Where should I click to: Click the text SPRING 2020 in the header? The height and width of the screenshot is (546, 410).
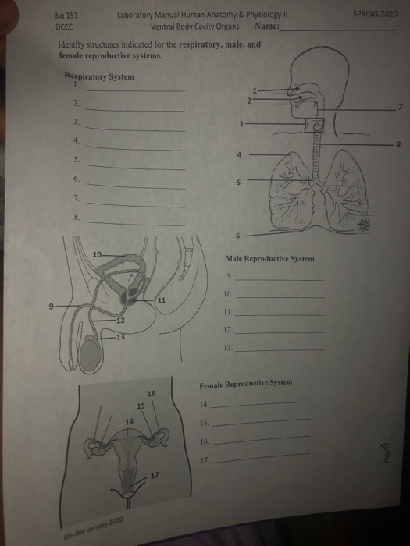[x=375, y=14]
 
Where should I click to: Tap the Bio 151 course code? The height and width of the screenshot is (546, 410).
[x=66, y=16]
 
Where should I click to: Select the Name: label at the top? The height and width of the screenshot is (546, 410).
[x=267, y=26]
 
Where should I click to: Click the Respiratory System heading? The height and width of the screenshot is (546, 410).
[x=99, y=76]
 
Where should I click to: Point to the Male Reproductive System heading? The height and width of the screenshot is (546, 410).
[x=270, y=259]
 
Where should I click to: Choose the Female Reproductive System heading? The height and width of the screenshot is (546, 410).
[x=246, y=384]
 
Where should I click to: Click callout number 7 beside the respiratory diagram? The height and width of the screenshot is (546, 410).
[x=401, y=107]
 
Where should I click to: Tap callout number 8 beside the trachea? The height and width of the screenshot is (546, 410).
[x=398, y=144]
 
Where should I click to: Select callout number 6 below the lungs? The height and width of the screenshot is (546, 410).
[x=237, y=236]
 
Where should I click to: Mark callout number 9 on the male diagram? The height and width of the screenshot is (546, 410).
[x=52, y=307]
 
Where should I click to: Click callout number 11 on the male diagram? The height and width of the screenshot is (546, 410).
[x=162, y=300]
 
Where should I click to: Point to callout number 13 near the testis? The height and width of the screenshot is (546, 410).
[x=120, y=337]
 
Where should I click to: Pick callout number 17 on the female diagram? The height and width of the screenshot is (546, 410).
[x=155, y=475]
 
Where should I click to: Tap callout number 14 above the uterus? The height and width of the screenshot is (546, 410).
[x=129, y=421]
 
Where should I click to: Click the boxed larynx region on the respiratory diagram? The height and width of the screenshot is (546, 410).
[x=315, y=126]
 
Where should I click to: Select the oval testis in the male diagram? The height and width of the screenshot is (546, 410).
[x=91, y=356]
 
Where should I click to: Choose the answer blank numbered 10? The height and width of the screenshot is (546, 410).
[x=280, y=297]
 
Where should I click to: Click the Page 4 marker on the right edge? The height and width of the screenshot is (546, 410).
[x=385, y=452]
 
